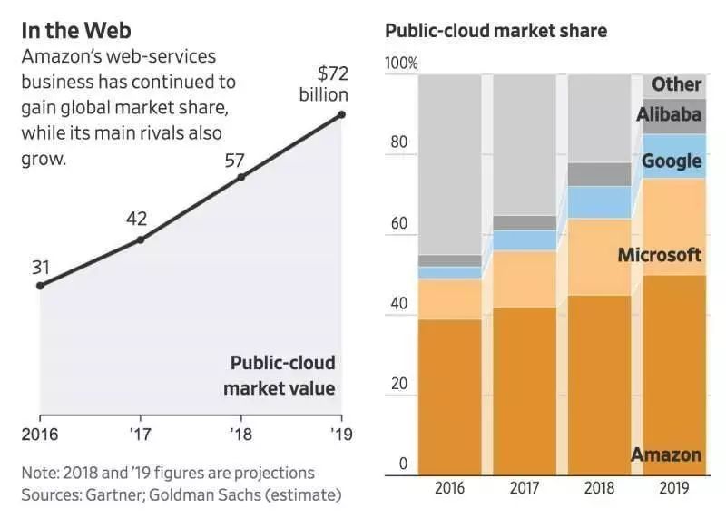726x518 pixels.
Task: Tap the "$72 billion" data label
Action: click(323, 84)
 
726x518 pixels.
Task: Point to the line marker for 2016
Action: click(40, 286)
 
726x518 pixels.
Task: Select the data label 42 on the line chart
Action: click(137, 219)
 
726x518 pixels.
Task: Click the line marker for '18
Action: click(241, 177)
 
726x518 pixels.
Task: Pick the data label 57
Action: click(235, 161)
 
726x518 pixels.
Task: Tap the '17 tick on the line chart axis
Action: click(141, 434)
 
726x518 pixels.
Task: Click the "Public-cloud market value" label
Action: click(282, 376)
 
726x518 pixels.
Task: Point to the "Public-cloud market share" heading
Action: click(495, 31)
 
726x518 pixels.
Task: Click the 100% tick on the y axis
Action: click(401, 64)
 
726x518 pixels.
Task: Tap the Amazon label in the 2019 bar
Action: click(665, 454)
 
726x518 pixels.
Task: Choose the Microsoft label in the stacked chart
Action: click(659, 255)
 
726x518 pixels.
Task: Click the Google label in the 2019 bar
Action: click(672, 161)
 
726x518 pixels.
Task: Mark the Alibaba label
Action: click(668, 114)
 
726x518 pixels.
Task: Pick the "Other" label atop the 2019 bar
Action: click(676, 84)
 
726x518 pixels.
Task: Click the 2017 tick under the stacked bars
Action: click(525, 487)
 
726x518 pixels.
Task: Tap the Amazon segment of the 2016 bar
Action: click(450, 395)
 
